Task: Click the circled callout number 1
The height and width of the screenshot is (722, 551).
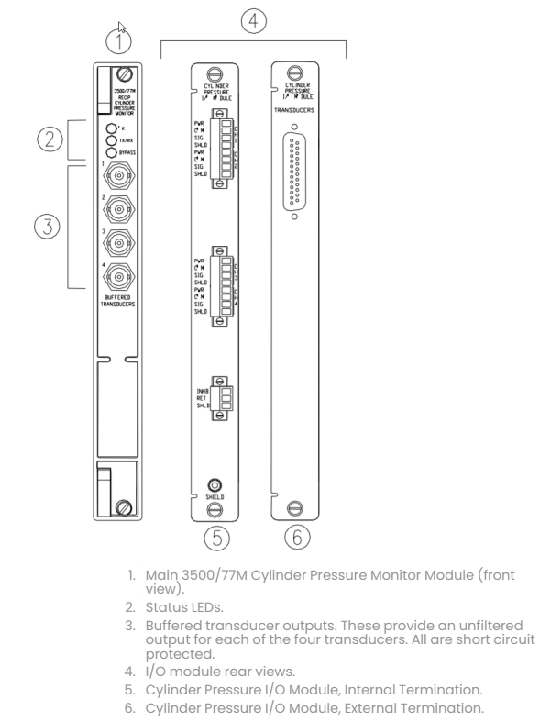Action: click(x=119, y=39)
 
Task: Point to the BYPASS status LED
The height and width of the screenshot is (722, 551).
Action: click(x=112, y=152)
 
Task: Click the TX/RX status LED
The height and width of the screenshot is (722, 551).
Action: click(x=112, y=140)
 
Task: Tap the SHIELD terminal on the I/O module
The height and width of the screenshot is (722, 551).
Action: click(x=215, y=483)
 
